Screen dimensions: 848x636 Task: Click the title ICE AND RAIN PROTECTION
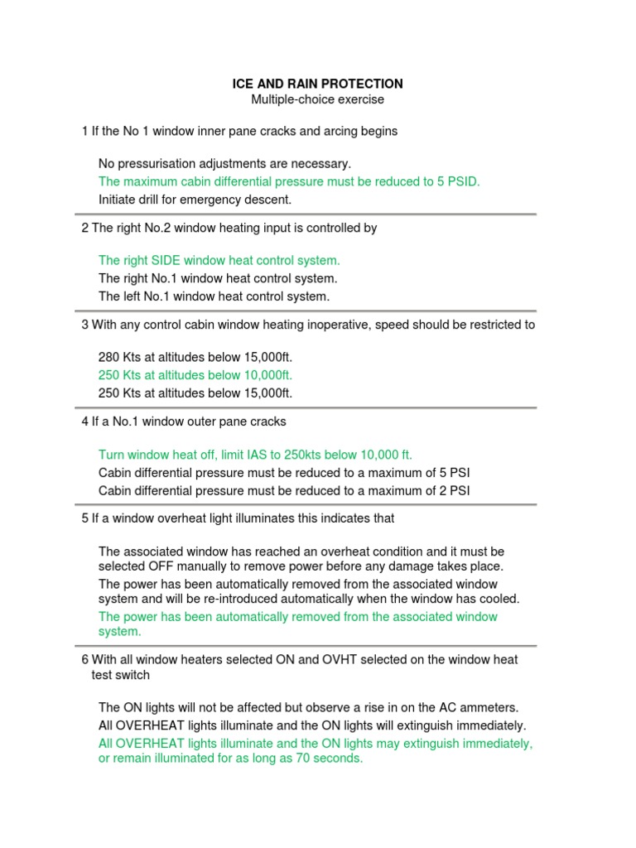click(317, 84)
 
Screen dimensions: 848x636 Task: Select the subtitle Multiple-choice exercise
click(317, 100)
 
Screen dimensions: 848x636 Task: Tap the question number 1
click(84, 131)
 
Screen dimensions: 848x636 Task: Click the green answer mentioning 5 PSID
click(289, 181)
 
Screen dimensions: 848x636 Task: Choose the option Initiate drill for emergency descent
click(195, 200)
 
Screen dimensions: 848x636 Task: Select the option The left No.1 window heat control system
click(214, 296)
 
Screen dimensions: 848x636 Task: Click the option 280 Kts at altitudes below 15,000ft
click(195, 357)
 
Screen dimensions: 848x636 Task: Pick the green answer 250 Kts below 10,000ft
click(195, 375)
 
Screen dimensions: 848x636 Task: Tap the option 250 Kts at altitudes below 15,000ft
click(195, 393)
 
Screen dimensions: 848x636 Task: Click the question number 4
click(84, 422)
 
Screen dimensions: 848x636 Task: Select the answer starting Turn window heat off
click(255, 455)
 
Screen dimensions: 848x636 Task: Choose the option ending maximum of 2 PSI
click(284, 490)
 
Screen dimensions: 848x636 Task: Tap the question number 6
click(84, 659)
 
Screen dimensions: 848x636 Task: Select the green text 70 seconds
click(334, 759)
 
